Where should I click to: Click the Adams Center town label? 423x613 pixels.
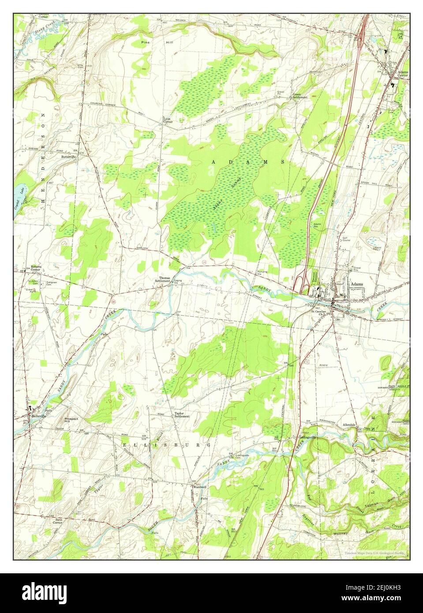tap(402, 73)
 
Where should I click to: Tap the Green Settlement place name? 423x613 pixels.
tap(300, 96)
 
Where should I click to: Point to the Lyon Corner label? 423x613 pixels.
tap(168, 120)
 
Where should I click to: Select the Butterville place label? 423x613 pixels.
tap(69, 157)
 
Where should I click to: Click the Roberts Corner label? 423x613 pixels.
tap(36, 268)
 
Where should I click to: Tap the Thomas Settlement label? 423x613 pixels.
tap(165, 280)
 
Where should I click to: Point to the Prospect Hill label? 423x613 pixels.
tap(71, 419)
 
